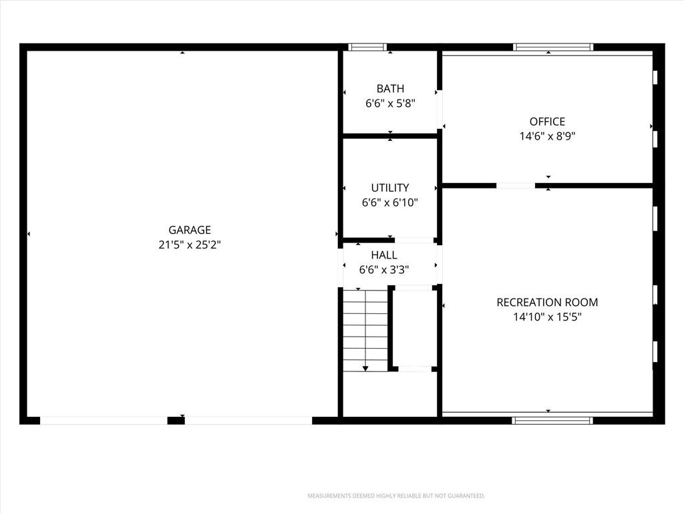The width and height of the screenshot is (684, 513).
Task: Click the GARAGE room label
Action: [190, 230]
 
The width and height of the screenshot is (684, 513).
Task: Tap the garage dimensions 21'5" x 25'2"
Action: [190, 244]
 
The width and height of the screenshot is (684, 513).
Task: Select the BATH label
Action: [390, 89]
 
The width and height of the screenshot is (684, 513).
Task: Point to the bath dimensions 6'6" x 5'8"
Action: [390, 104]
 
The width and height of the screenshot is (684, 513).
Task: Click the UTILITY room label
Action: [390, 188]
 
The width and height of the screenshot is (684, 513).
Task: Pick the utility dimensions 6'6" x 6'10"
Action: [390, 202]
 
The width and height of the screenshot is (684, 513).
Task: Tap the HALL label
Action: [384, 255]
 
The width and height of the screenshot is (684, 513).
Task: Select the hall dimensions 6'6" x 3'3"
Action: [384, 270]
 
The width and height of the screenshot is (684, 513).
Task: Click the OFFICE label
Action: [548, 122]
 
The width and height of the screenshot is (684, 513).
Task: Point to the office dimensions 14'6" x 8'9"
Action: [548, 136]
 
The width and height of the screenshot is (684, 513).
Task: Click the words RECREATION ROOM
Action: [548, 303]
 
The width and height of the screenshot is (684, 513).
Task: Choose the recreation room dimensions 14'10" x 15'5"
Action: [548, 317]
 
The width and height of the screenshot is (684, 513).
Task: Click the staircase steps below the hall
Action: [365, 330]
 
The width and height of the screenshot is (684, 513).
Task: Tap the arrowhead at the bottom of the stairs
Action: [365, 369]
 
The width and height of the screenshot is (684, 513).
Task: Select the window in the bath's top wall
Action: [367, 47]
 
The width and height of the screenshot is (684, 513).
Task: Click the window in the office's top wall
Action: [552, 47]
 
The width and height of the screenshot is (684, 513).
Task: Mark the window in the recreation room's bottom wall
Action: [552, 421]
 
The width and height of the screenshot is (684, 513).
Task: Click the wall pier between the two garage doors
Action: [176, 421]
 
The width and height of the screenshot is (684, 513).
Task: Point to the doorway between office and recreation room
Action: [516, 186]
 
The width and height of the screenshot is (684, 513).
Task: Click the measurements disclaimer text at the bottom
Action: [396, 496]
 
